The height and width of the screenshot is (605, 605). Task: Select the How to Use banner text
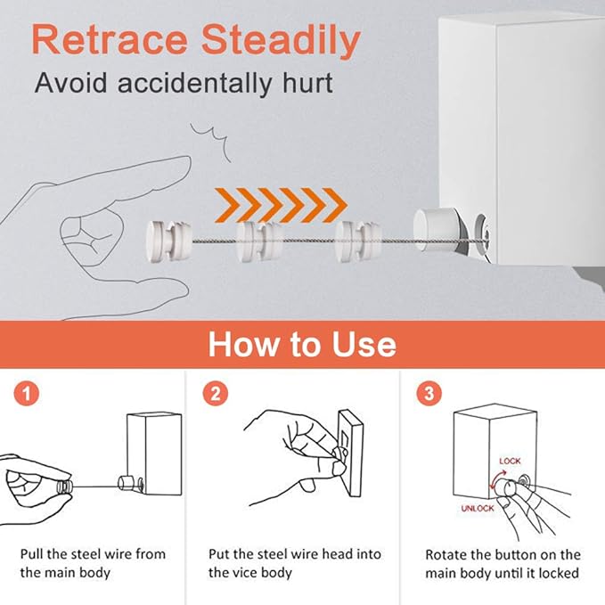[302, 343]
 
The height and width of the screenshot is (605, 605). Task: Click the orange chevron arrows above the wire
[281, 204]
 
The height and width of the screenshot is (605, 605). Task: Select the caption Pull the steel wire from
[93, 553]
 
